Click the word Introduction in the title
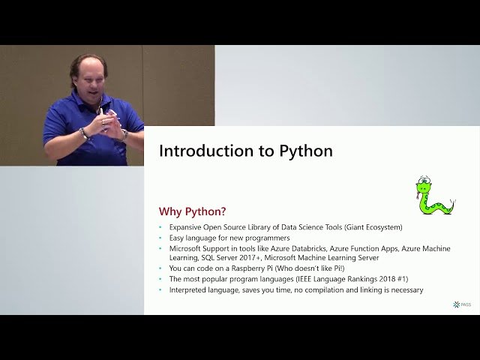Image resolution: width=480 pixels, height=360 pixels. [205, 151]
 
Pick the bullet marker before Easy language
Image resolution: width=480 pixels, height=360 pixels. [160, 238]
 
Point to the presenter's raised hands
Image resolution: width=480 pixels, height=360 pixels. [107, 121]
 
